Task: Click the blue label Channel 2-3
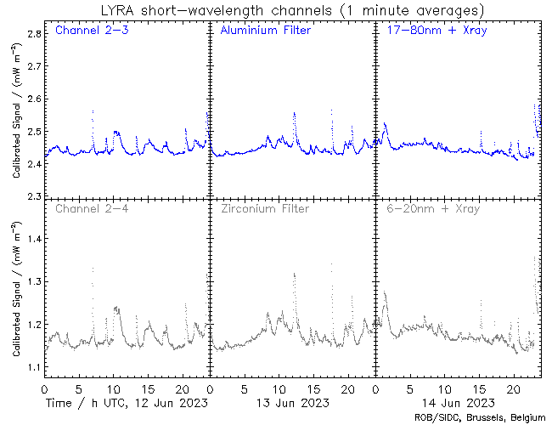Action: tap(86, 31)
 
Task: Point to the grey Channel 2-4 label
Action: tap(86, 208)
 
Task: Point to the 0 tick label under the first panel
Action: tap(44, 388)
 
